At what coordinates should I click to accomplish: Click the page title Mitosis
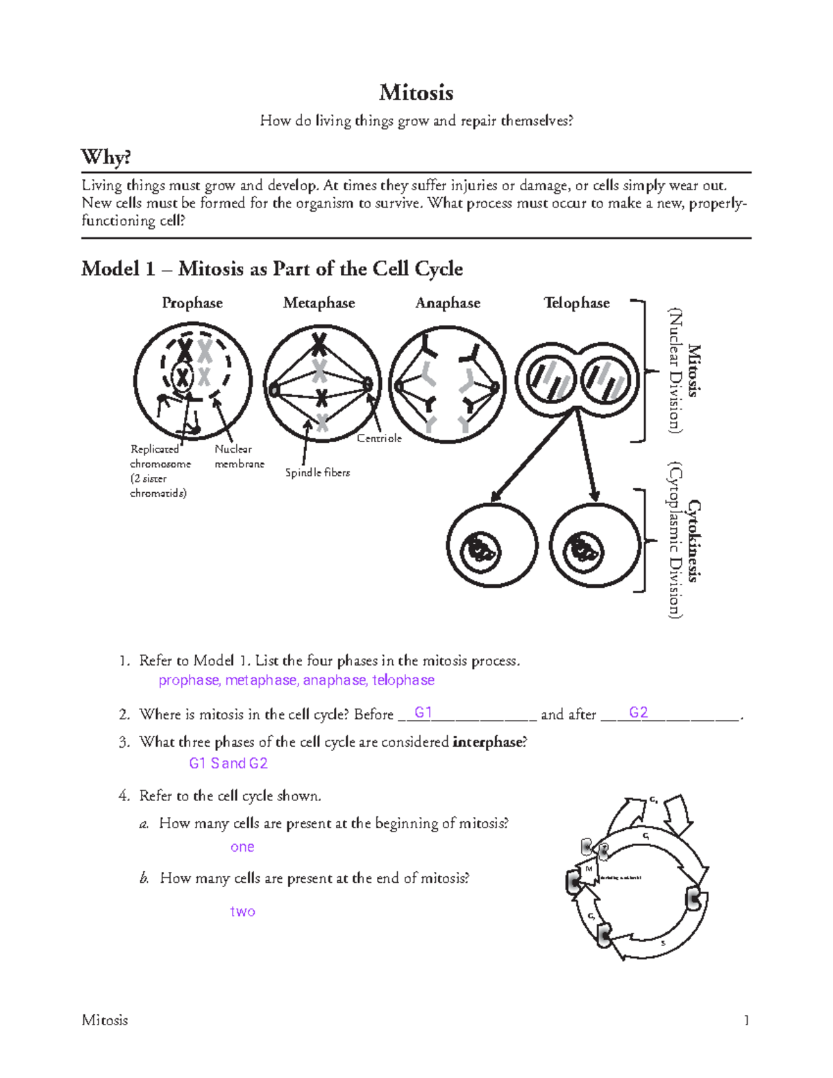coord(416,92)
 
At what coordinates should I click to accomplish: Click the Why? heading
coord(106,157)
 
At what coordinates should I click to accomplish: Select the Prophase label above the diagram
coord(192,303)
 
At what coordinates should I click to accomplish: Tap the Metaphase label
coord(319,303)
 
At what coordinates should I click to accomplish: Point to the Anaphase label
coord(448,303)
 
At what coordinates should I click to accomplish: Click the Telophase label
coord(576,303)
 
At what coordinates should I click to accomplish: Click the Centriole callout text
coord(379,439)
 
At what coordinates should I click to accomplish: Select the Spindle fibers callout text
coord(317,473)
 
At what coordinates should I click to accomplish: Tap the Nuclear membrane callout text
coord(239,457)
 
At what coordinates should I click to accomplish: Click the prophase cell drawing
coord(192,382)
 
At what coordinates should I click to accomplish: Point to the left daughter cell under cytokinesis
coord(491,548)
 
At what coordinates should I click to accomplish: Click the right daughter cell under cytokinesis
coord(594,548)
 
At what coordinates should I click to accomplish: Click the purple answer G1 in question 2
coord(423,713)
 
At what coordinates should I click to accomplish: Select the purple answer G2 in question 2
coord(638,713)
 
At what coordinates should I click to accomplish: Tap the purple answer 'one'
coord(242,847)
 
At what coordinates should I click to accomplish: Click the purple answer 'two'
coord(242,911)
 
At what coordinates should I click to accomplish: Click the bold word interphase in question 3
coord(487,742)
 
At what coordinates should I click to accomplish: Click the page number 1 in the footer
coord(746,1020)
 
